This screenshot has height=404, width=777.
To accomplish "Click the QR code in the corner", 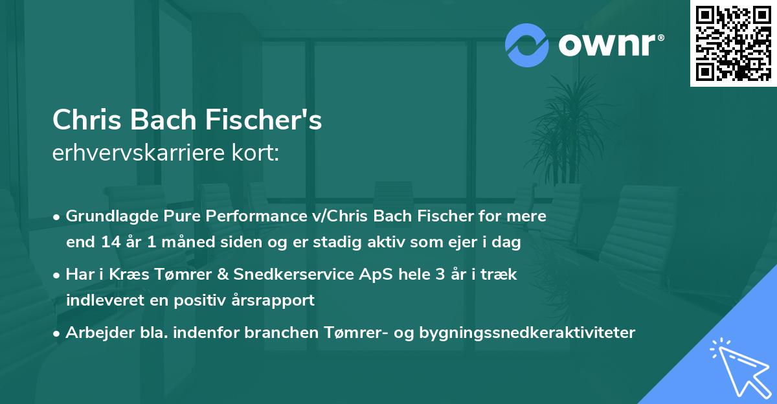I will pos(733,43).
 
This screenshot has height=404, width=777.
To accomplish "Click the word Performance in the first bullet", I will pos(235,216).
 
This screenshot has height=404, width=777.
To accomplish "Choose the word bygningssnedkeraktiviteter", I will pos(527,333).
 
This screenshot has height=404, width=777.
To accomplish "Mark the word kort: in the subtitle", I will pos(256,153).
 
